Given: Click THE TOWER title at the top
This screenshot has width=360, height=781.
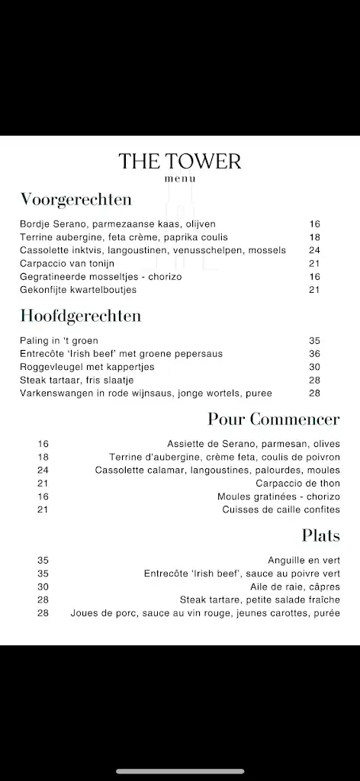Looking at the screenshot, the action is [180, 161].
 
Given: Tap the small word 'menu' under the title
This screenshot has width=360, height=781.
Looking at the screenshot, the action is [180, 179].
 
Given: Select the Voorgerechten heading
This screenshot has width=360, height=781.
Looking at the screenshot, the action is [76, 200].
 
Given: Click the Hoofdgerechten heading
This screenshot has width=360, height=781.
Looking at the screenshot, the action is [81, 316].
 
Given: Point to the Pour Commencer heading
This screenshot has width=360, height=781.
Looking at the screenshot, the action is [274, 419].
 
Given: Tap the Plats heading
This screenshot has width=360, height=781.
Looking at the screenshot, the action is [320, 535].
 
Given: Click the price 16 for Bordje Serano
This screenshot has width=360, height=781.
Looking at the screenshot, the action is [314, 224].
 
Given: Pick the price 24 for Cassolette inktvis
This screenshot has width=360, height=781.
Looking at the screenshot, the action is [314, 250].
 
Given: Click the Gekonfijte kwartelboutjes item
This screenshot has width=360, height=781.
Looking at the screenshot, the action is [79, 290].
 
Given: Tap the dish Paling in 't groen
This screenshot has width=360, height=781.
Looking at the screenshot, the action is [59, 341].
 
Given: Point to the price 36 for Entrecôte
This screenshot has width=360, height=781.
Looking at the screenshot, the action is [314, 354].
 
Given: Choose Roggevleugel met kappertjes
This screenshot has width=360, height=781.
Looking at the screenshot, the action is [87, 367].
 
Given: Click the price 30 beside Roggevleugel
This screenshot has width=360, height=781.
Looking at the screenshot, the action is [314, 367].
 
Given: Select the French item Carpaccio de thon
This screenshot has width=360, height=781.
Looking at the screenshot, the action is [298, 484].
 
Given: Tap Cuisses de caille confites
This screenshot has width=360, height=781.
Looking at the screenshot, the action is [281, 509].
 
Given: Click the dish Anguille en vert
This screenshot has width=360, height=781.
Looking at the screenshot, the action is [304, 561].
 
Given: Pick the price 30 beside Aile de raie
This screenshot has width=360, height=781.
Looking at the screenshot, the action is [43, 587].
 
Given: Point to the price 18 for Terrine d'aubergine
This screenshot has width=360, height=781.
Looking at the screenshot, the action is [43, 457].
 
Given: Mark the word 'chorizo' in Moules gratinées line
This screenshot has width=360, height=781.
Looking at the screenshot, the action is [323, 497].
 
